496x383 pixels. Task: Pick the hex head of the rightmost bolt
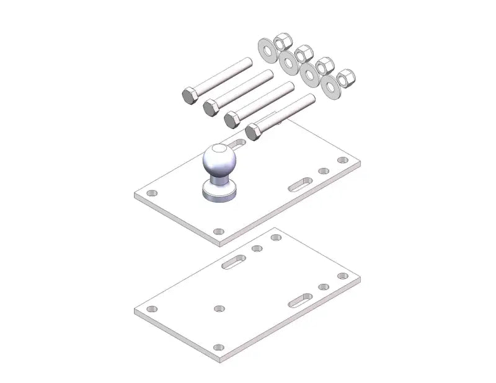click(x=253, y=131)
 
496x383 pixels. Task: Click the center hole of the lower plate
click(x=218, y=308)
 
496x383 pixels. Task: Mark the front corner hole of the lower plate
click(x=218, y=347)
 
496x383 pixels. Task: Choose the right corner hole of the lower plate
click(x=340, y=275)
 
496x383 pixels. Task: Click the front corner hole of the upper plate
click(x=218, y=231)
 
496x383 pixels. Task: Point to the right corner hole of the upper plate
click(x=341, y=160)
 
